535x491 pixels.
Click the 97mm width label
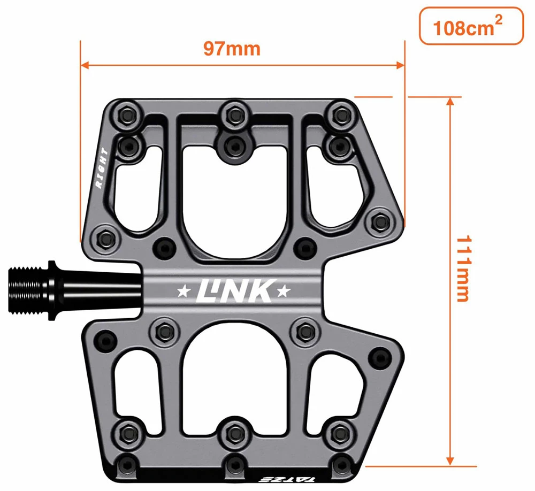pos(231,49)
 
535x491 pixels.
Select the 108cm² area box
pos(470,26)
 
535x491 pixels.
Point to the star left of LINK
pos(183,291)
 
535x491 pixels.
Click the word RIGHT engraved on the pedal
pos(102,168)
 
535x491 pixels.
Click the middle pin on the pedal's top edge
pos(233,113)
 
